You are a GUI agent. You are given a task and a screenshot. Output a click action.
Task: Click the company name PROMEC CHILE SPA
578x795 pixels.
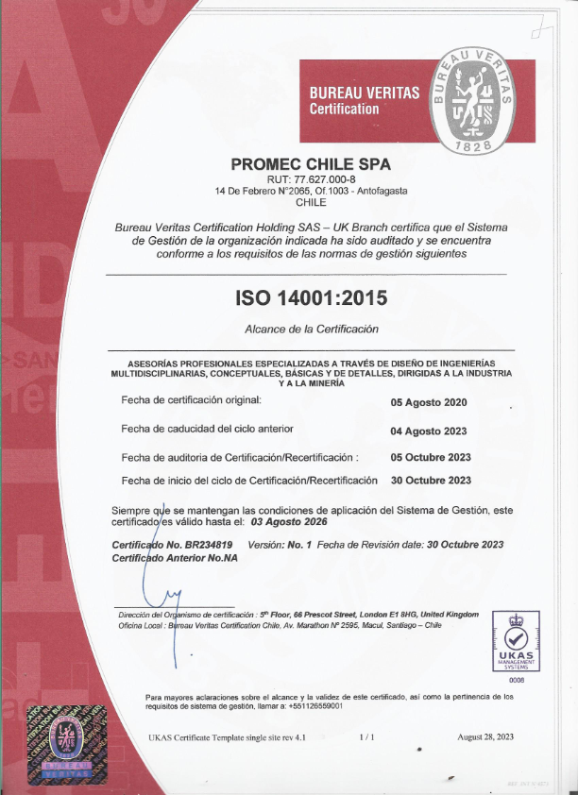tap(311, 162)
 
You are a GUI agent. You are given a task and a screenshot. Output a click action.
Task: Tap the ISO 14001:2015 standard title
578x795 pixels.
tap(311, 298)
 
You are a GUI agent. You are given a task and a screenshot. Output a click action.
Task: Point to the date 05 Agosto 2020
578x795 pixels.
tap(429, 402)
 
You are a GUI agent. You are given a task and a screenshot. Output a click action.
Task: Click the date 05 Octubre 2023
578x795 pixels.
tap(431, 457)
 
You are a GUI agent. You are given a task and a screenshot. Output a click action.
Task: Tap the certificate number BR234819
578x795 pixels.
tap(208, 545)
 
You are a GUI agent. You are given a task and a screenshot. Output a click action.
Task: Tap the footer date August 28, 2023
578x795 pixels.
tap(485, 736)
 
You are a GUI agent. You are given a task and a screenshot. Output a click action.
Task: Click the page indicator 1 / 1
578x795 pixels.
tap(367, 736)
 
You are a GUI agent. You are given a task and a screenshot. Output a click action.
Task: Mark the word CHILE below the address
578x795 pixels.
tap(311, 202)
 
